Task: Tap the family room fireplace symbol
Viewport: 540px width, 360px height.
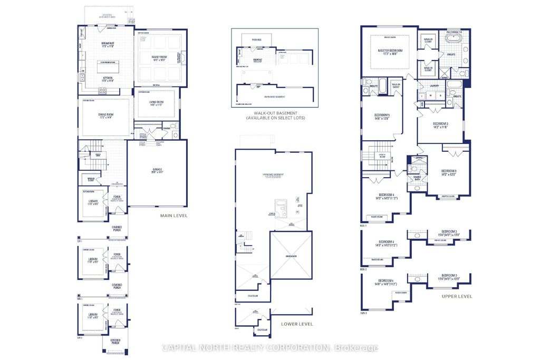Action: coord(183,59)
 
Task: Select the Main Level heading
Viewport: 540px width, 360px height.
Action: coord(173,216)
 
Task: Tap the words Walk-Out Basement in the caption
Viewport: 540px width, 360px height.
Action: coord(275,113)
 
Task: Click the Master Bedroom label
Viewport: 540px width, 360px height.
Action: coord(390,51)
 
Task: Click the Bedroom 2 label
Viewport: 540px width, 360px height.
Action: coord(440,124)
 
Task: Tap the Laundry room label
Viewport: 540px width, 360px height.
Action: coord(435,85)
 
